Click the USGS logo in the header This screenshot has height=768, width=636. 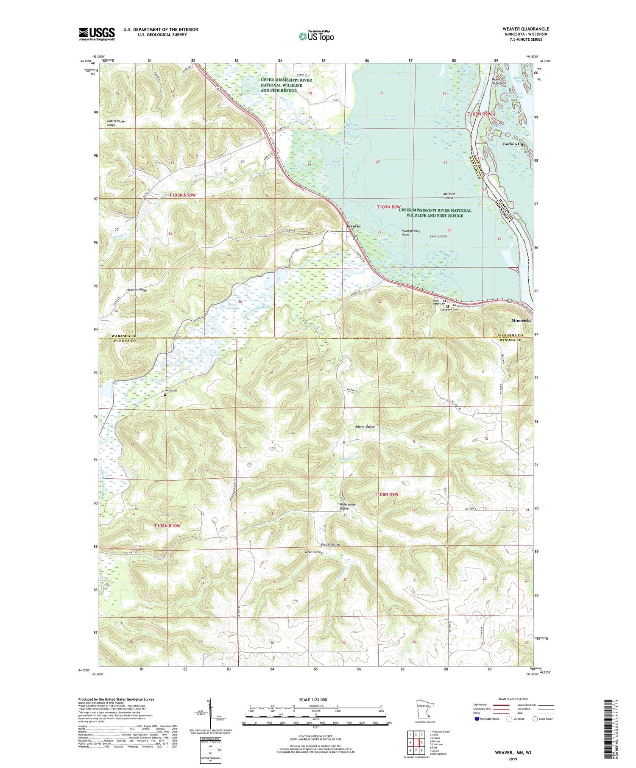coord(97,34)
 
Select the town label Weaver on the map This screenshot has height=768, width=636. coord(354,226)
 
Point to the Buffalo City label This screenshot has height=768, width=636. coord(513,144)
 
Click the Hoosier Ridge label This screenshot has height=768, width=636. coord(125,290)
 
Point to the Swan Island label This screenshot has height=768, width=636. coord(438,236)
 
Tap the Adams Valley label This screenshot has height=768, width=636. coord(365,427)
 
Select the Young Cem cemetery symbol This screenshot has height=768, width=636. coord(165,394)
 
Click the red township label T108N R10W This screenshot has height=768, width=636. coord(167,525)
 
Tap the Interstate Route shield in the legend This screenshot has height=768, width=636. coord(477,718)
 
